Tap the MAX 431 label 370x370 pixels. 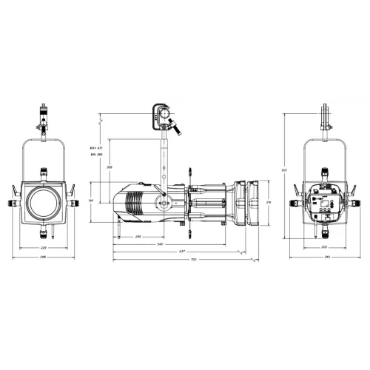[x=95, y=148]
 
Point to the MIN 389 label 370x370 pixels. [x=95, y=156]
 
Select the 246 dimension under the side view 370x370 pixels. [x=138, y=236]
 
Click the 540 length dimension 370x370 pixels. [x=161, y=243]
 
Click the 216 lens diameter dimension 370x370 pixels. [x=269, y=201]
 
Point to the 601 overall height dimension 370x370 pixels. [x=283, y=169]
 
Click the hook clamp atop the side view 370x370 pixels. [x=161, y=115]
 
